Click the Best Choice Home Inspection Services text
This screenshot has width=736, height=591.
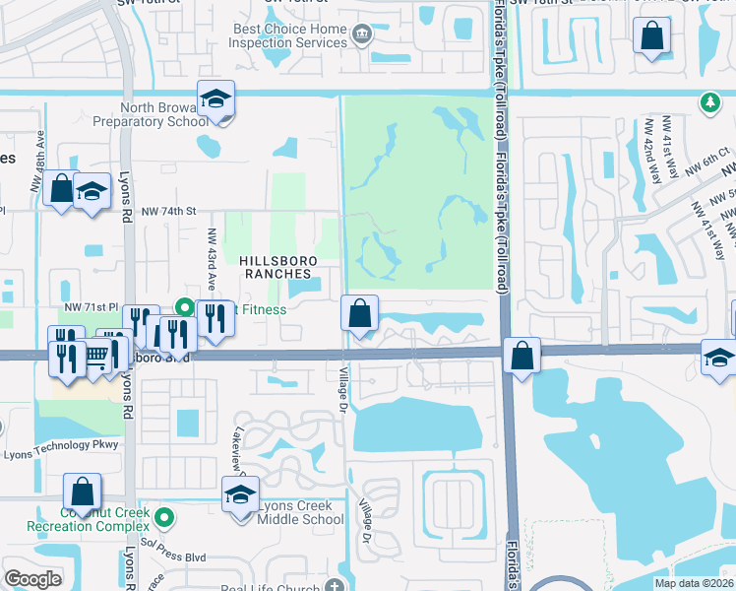pyautogui.click(x=290, y=36)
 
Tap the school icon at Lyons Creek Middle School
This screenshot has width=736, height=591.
pyautogui.click(x=239, y=495)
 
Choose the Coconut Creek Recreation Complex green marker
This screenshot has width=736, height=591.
pyautogui.click(x=165, y=515)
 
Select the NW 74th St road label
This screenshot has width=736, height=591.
pyautogui.click(x=169, y=211)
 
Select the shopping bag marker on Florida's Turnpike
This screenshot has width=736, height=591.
pyautogui.click(x=522, y=355)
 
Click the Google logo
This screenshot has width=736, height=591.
pyautogui.click(x=32, y=579)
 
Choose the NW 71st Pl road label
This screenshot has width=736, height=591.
pyautogui.click(x=91, y=308)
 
